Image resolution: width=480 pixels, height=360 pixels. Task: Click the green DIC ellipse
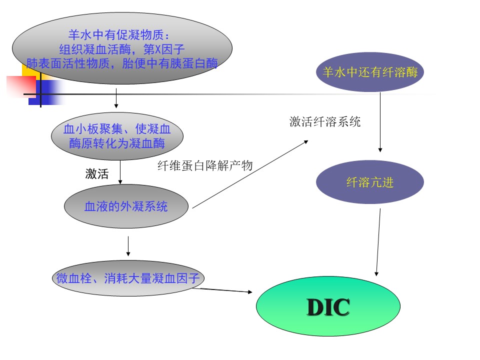328,306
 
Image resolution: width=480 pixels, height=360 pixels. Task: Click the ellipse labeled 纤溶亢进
370,182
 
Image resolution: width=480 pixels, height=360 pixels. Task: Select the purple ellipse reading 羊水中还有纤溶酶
370,72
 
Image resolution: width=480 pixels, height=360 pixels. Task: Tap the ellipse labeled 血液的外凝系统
126,206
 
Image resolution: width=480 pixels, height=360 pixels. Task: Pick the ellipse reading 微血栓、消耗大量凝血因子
128,278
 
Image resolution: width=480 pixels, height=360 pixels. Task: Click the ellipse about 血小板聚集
117,136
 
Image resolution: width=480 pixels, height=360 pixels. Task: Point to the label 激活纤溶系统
325,122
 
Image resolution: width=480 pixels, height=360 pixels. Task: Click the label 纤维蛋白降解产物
205,166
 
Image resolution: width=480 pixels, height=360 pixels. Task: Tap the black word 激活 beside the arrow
96,174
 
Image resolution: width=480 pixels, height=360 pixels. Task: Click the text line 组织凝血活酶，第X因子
122,49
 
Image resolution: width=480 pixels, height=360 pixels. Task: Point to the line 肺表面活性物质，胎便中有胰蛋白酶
122,64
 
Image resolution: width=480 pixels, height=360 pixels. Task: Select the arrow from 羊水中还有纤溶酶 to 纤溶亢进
380,122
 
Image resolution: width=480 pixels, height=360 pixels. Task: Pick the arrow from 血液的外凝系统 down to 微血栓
128,246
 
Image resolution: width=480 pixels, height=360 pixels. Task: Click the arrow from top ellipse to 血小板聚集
116,98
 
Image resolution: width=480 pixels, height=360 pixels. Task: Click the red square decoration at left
20,86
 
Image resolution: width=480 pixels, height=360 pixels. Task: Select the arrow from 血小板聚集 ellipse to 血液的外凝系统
120,172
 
